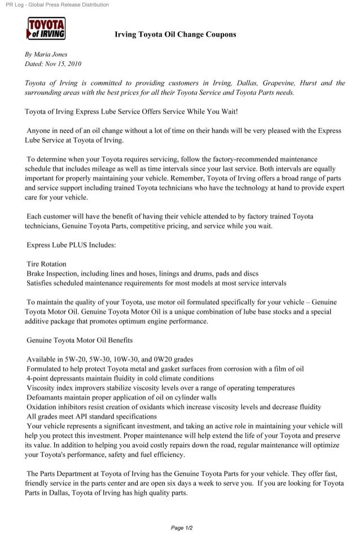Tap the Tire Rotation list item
pyautogui.click(x=46, y=263)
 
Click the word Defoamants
pyautogui.click(x=47, y=397)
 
